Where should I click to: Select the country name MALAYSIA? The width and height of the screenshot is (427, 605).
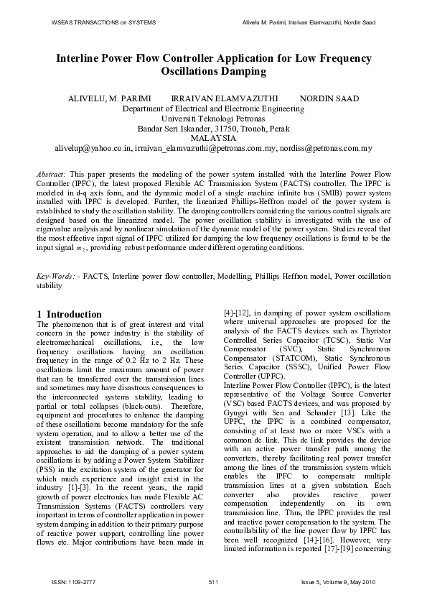pos(213,138)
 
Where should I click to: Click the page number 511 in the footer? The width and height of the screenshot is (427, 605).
pos(213,581)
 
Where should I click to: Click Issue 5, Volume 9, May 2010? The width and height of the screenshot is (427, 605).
pos(341,581)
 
